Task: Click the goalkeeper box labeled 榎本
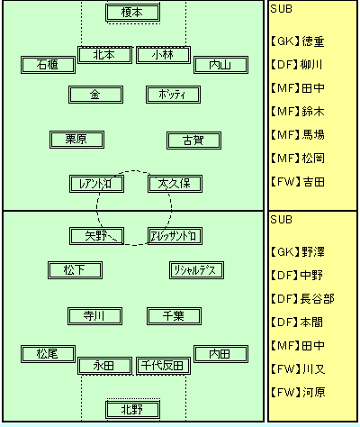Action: pos(132,13)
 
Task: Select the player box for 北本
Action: pos(104,55)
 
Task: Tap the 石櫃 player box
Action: pos(48,65)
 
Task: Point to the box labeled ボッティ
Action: pos(173,95)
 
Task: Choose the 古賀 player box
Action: pos(193,141)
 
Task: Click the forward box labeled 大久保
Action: pos(175,184)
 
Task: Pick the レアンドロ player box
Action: pos(96,184)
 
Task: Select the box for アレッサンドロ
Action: pos(175,236)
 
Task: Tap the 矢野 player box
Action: pos(96,236)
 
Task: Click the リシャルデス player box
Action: pos(196,270)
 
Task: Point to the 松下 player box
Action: pos(75,270)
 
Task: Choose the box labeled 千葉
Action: pos(174,316)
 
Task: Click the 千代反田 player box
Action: pos(163,366)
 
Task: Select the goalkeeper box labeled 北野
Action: pos(132,410)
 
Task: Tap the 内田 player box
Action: pos(220,354)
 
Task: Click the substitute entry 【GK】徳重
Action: pos(297,41)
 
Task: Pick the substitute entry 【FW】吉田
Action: pos(297,182)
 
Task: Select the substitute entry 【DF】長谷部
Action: pos(302,299)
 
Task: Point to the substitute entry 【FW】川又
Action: pos(297,369)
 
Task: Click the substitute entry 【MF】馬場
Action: pos(297,135)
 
